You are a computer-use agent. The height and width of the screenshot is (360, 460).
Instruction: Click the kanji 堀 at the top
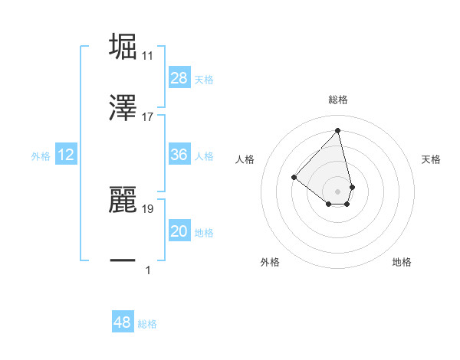(123, 46)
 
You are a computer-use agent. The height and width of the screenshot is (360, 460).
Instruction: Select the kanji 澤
(123, 106)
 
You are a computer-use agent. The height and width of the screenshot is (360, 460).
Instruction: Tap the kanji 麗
(123, 197)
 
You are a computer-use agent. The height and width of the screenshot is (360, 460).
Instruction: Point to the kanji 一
(123, 260)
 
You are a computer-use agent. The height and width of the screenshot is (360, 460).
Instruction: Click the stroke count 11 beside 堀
(148, 56)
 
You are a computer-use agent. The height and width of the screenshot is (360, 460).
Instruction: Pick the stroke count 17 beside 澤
(148, 116)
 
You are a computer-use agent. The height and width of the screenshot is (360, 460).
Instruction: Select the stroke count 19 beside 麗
(148, 207)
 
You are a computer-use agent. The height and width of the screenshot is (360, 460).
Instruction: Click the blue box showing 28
(179, 78)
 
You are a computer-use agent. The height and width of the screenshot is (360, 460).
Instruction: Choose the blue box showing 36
(179, 155)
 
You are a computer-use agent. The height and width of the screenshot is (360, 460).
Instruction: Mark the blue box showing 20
(179, 231)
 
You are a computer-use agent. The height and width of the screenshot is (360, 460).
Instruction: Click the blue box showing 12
(66, 155)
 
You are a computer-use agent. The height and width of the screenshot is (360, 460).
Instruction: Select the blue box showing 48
(122, 322)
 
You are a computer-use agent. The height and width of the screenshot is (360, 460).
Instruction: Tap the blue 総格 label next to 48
(147, 324)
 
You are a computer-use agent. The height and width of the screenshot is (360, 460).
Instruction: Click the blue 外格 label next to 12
(41, 156)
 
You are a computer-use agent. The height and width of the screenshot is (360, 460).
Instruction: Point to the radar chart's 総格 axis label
(338, 100)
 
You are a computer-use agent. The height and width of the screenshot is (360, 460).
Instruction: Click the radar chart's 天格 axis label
(432, 159)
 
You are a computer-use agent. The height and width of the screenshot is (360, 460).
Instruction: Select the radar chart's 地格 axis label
(402, 263)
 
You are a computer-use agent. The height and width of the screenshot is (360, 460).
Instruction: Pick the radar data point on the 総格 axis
(337, 130)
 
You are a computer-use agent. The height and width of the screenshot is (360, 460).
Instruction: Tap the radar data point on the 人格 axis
(294, 177)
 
